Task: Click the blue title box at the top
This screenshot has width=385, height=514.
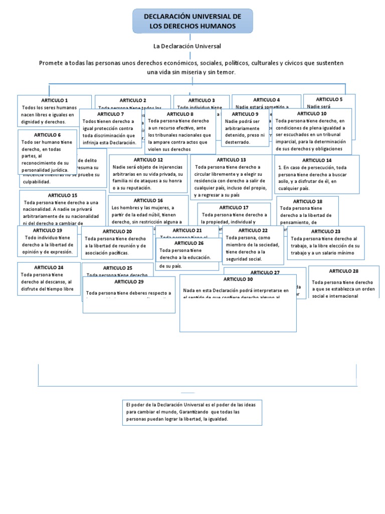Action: coord(192,21)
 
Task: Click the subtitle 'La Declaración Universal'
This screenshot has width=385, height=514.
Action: coord(187,46)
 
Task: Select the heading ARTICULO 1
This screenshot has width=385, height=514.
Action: coord(55,100)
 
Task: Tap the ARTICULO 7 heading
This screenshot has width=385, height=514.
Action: coord(110,114)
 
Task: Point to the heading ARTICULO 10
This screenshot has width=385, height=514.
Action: coord(312,113)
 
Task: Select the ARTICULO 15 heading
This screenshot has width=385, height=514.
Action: coord(63,195)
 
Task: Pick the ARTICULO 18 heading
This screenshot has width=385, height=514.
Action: coord(307,201)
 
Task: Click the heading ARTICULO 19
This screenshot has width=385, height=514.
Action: coord(48,230)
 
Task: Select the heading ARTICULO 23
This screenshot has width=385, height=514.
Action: coord(326,231)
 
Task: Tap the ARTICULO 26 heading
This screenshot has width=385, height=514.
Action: coord(189,243)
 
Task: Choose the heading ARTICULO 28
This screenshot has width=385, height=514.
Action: coord(344,271)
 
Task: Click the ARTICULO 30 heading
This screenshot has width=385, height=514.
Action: coord(238,279)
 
